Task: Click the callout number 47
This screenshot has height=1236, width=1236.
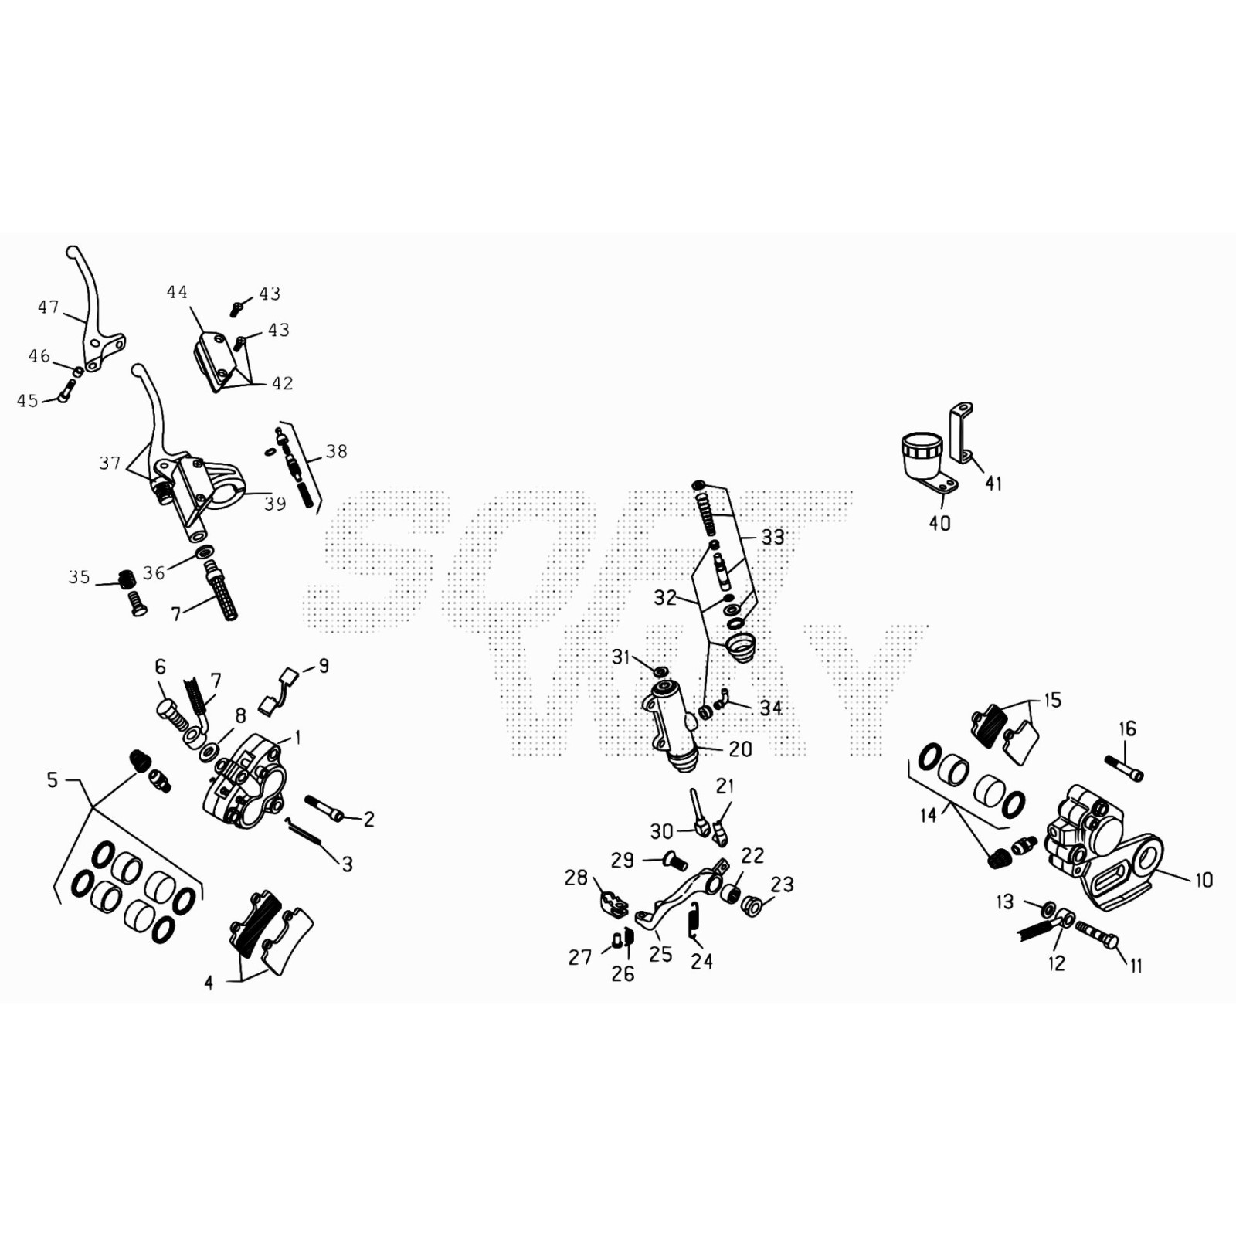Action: click(x=49, y=307)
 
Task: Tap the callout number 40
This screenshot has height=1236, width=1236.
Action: click(x=939, y=523)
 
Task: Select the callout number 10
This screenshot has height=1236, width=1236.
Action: click(x=1204, y=879)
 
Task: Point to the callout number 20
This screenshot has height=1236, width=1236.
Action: click(x=740, y=749)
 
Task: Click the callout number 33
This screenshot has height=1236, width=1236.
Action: click(x=772, y=537)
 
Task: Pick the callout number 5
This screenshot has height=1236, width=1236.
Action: click(x=53, y=779)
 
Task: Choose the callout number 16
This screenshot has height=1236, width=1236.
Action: click(x=1127, y=728)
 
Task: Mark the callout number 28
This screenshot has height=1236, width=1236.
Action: click(x=576, y=878)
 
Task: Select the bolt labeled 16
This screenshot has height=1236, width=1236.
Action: click(x=1124, y=769)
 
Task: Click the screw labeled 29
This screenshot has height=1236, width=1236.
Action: click(x=674, y=857)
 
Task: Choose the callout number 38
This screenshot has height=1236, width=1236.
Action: click(x=336, y=451)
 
